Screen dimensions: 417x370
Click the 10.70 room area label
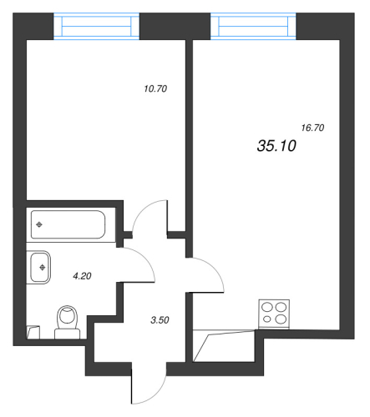[x=157, y=88]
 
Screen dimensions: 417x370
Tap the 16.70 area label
[x=312, y=128]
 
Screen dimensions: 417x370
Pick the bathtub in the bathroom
[x=68, y=224]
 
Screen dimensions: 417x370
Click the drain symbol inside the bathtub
[x=39, y=225]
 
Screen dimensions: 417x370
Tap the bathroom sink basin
[x=41, y=268]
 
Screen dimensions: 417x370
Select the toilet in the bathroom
[x=66, y=321]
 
